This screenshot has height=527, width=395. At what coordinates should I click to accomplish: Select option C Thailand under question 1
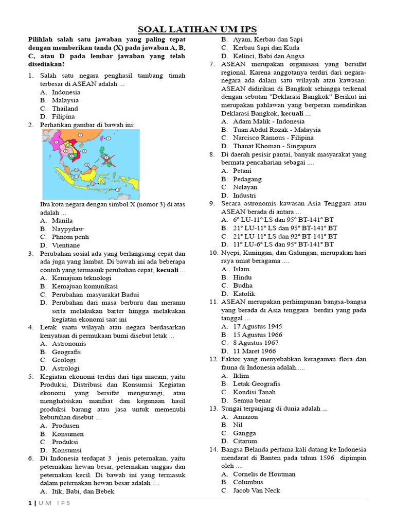click(x=65, y=109)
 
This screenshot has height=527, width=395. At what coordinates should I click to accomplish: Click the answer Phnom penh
click(x=70, y=237)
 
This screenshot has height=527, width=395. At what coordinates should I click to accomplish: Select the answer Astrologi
click(x=64, y=368)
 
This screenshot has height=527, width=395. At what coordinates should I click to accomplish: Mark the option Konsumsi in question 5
click(x=66, y=450)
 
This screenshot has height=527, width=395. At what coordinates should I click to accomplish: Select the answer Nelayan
click(x=245, y=187)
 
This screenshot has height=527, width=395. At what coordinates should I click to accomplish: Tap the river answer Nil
click(x=238, y=425)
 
